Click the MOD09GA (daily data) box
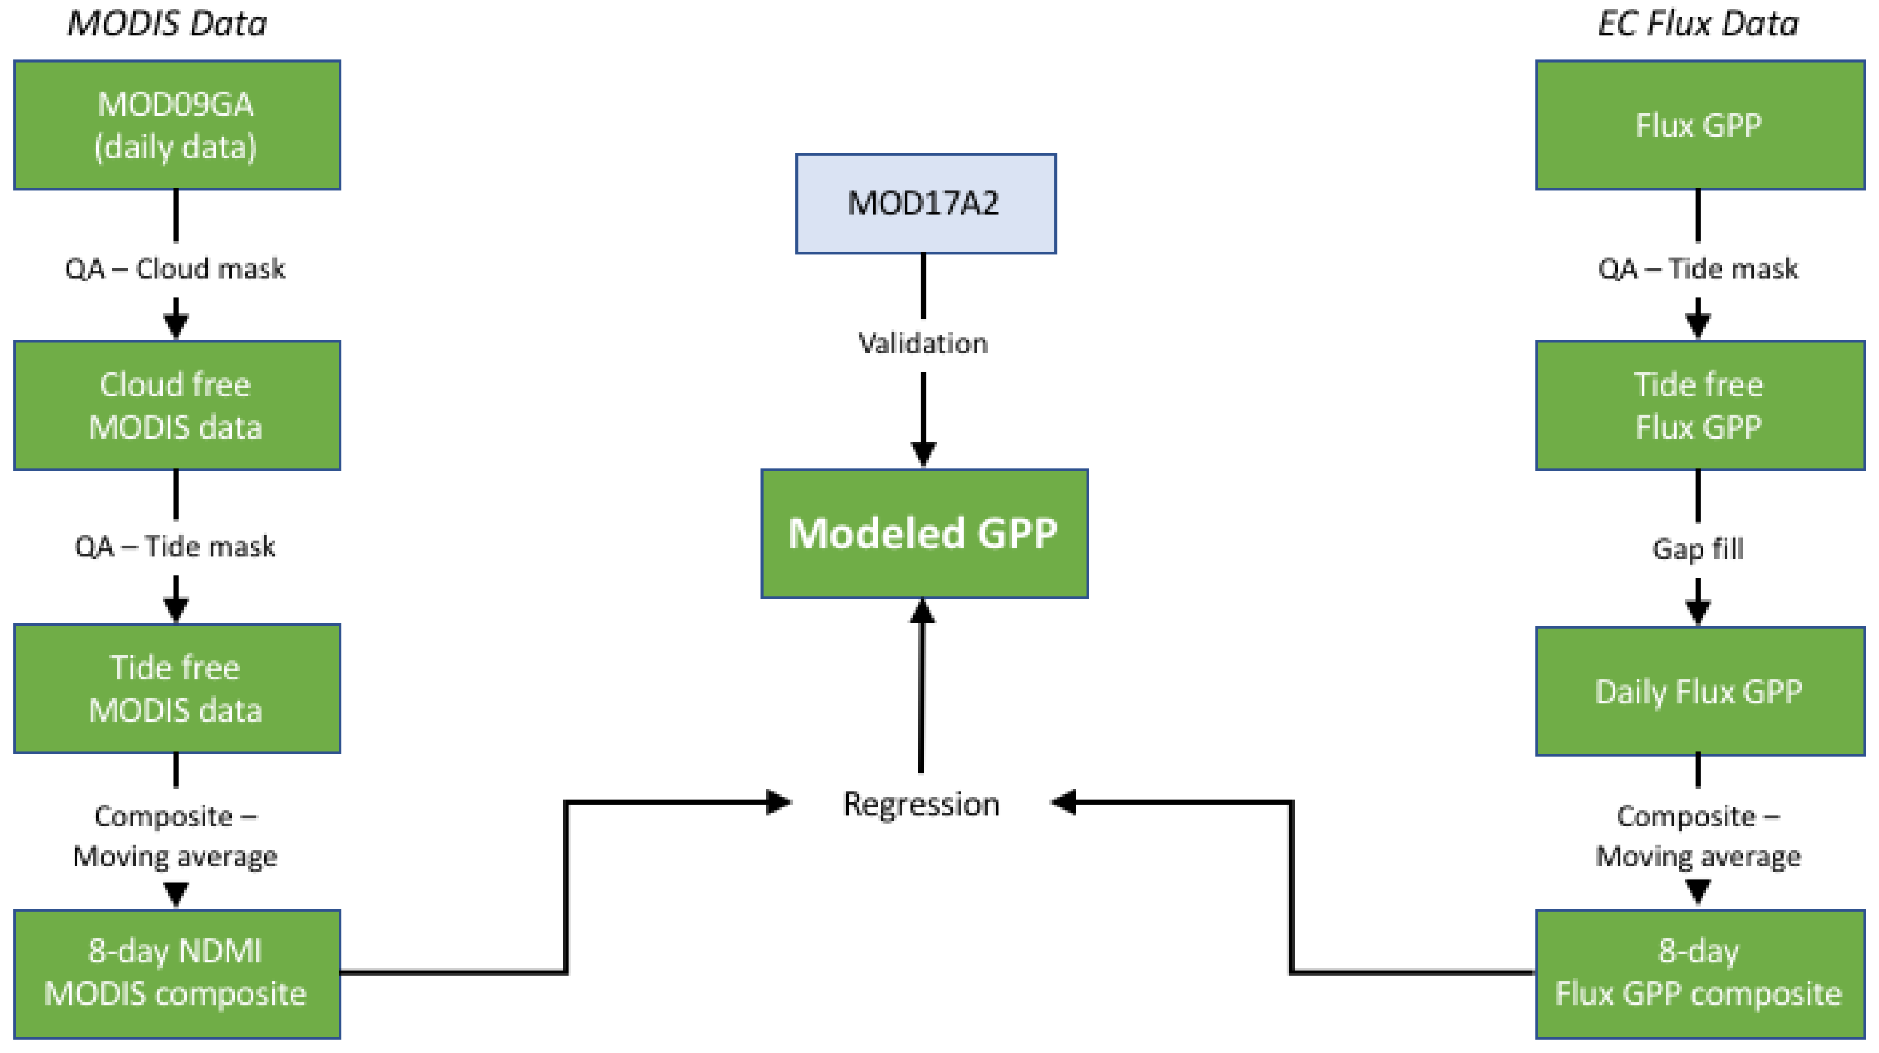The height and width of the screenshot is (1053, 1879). (177, 125)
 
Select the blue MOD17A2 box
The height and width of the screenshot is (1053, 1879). (925, 204)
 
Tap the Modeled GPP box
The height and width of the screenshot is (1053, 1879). (924, 533)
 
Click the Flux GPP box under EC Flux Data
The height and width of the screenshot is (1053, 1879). (1700, 125)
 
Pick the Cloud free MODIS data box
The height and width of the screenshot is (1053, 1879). (177, 406)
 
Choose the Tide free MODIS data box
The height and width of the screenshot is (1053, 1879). (177, 688)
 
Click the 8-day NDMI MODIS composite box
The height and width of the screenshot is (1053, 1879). (177, 973)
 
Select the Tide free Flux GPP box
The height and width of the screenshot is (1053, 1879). (1700, 406)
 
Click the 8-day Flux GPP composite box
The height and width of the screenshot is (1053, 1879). (1700, 973)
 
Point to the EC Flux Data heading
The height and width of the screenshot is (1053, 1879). (1698, 24)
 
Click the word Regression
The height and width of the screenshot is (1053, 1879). (922, 804)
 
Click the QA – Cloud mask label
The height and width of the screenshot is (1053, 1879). (175, 268)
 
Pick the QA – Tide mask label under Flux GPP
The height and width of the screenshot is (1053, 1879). (1698, 268)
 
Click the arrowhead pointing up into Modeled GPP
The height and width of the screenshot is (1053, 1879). (922, 611)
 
